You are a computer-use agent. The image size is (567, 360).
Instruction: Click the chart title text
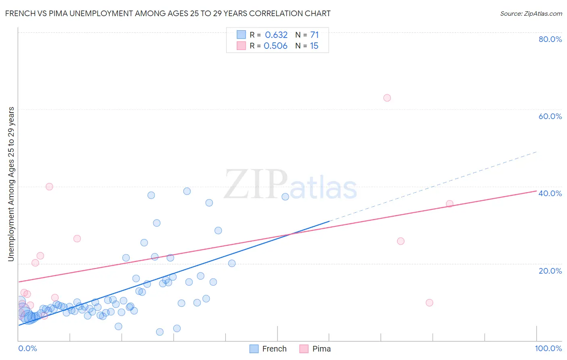[168, 13]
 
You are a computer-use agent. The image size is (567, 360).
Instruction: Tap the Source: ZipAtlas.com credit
[531, 13]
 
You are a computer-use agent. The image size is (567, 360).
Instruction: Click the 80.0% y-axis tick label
[550, 39]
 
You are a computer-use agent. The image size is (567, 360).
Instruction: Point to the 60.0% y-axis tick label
[550, 116]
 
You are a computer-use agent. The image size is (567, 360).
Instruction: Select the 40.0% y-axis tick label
[550, 193]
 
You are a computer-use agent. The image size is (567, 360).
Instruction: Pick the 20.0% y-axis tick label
[550, 270]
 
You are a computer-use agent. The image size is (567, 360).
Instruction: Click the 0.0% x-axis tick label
[27, 348]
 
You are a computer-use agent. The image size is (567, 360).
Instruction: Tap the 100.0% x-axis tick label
[548, 348]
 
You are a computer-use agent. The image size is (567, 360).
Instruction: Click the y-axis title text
[11, 184]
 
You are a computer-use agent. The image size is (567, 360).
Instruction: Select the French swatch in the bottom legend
[254, 349]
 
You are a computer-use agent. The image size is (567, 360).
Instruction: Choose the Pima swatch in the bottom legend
[304, 349]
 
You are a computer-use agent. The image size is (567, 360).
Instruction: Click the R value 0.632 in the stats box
[276, 35]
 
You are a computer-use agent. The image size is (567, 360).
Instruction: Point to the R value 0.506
[275, 46]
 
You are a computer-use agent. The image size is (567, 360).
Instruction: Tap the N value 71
[314, 35]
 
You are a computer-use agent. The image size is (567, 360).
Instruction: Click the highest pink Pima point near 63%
[387, 98]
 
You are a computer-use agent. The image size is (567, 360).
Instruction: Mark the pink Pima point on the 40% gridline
[49, 186]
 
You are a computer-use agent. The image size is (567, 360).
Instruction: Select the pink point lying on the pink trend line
[450, 204]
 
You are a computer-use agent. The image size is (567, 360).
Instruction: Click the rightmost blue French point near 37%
[285, 197]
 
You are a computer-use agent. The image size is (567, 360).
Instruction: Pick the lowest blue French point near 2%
[160, 332]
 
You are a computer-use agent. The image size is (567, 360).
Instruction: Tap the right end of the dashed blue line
[536, 152]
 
